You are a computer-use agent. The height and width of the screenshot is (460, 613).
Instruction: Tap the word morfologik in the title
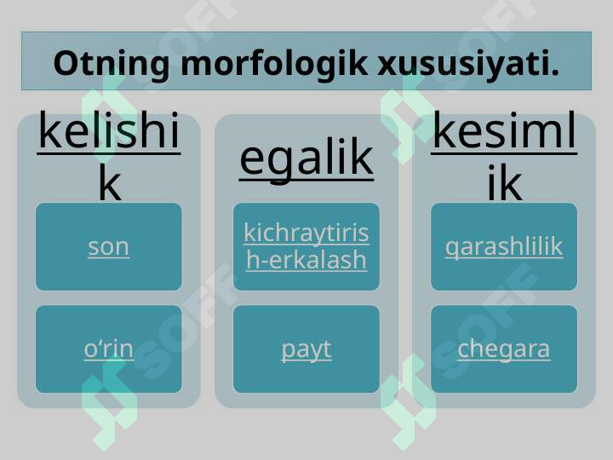coord(274,62)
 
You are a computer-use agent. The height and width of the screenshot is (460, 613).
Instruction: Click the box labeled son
coord(109,246)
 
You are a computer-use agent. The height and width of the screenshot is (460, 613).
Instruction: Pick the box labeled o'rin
coord(109,349)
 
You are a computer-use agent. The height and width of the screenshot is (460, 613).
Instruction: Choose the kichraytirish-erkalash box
coord(306,246)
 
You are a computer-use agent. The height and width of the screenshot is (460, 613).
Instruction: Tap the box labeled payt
coord(306,349)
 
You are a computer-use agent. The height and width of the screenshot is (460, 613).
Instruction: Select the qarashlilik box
coord(504,246)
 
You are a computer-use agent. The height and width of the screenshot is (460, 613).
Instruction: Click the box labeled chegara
coord(504,349)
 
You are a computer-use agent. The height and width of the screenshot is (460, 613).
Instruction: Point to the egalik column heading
coord(306,158)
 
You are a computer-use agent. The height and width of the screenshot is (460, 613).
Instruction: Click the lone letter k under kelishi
coord(110,184)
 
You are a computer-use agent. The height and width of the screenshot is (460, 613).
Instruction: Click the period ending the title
coord(554,72)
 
